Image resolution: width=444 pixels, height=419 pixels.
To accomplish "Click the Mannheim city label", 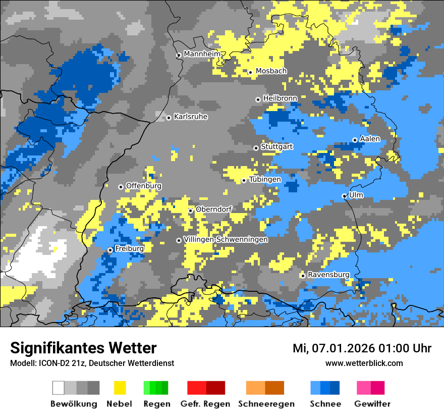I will pyautogui.click(x=202, y=54).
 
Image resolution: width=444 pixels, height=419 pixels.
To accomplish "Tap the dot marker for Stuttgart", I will pyautogui.click(x=256, y=148).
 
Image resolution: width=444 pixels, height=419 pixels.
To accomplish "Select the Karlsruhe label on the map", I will pyautogui.click(x=191, y=117).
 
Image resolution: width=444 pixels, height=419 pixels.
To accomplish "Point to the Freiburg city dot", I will pyautogui.click(x=110, y=250).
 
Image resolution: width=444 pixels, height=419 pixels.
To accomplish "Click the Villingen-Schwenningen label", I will pyautogui.click(x=226, y=240).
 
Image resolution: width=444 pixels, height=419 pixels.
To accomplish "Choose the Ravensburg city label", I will pyautogui.click(x=328, y=275).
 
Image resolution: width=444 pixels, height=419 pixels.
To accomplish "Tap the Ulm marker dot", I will pyautogui.click(x=345, y=196).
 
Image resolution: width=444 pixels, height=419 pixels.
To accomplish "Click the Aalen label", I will pyautogui.click(x=370, y=139).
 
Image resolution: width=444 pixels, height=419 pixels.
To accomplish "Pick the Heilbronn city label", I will pyautogui.click(x=280, y=98).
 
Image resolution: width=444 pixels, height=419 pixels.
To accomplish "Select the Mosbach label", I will pyautogui.click(x=271, y=71).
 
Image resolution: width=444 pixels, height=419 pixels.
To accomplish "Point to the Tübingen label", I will pyautogui.click(x=265, y=180).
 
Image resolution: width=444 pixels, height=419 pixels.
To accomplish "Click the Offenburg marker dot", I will pyautogui.click(x=121, y=187).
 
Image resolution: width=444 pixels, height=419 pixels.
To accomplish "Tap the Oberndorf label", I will pyautogui.click(x=214, y=209).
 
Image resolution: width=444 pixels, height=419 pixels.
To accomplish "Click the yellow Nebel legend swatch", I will pyautogui.click(x=120, y=388).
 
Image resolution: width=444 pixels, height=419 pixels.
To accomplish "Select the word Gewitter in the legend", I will pyautogui.click(x=372, y=404).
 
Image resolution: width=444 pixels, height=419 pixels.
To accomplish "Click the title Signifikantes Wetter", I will pyautogui.click(x=83, y=348).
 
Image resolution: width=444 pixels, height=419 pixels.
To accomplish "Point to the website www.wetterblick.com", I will pyautogui.click(x=364, y=363).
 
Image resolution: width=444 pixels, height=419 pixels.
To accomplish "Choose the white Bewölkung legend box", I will pyautogui.click(x=59, y=388).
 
